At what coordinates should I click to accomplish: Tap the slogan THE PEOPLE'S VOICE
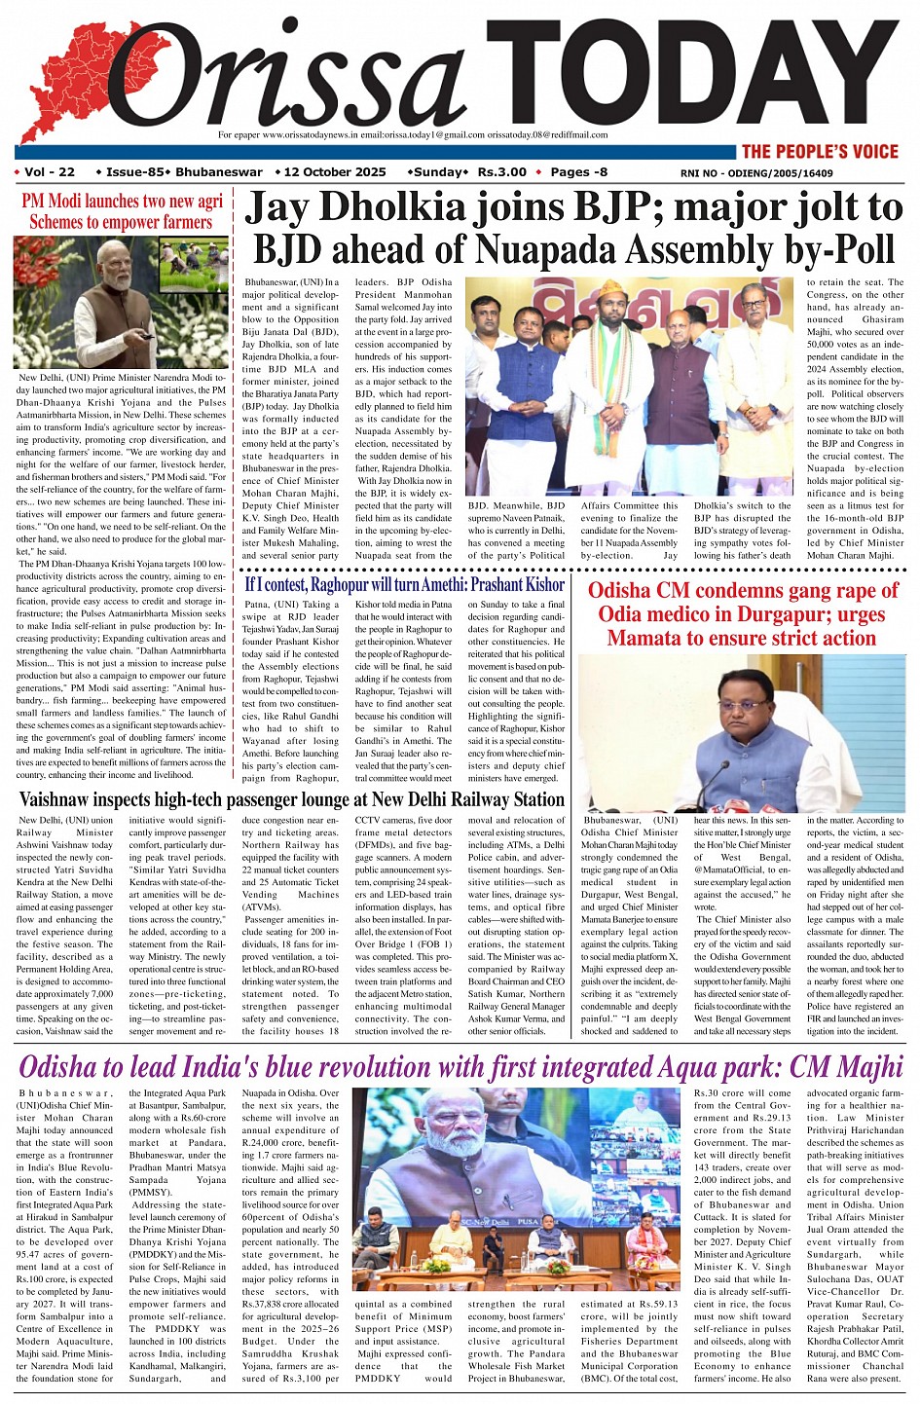[819, 151]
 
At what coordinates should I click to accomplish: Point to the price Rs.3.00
[502, 172]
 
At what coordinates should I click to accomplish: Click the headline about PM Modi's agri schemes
[122, 211]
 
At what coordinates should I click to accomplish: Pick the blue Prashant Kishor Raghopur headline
[404, 584]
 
